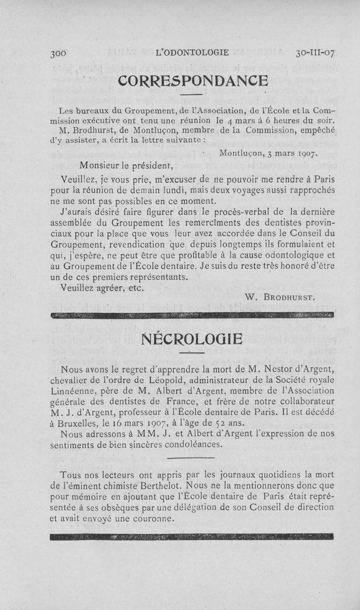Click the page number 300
(x=59, y=53)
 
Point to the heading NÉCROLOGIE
(x=191, y=338)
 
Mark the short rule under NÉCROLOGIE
(x=192, y=353)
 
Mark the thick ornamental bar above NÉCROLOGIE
(x=192, y=314)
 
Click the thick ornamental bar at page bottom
(x=192, y=536)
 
